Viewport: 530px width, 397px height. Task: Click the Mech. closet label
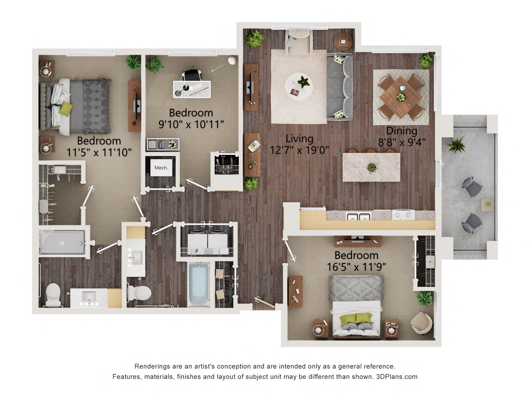(161, 168)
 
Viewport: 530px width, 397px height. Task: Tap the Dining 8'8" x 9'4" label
(401, 137)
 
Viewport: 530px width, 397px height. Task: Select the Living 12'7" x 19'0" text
(300, 144)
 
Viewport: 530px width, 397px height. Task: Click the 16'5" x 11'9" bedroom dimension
(356, 267)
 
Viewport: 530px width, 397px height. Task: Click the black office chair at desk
(192, 75)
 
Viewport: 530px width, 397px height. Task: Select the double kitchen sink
(359, 217)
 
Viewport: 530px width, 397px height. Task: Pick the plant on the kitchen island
(372, 167)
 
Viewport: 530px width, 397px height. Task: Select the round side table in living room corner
(343, 41)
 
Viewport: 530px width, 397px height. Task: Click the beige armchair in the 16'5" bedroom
(421, 323)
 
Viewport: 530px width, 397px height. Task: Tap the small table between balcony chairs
(487, 205)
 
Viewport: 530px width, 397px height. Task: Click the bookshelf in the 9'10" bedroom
(163, 144)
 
